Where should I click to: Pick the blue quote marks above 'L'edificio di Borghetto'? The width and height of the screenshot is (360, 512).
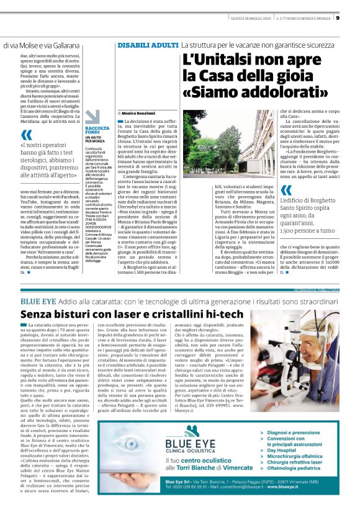(286, 191)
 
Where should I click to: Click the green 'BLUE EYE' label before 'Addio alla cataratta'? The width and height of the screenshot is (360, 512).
(40, 302)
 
